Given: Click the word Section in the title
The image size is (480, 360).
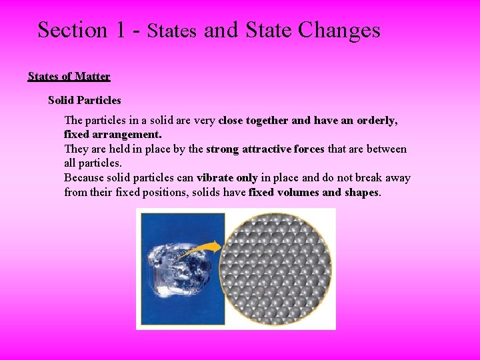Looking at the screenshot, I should point(72,30).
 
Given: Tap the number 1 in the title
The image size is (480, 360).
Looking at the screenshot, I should point(120,30).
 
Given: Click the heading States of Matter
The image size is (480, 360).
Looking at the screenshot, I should point(69,76).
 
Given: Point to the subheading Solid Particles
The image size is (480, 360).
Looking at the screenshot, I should point(85,101).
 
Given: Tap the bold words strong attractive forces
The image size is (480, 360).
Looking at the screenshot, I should point(265,149).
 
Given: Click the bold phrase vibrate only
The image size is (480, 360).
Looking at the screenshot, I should point(227,178).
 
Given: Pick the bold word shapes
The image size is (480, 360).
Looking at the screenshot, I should point(360,193).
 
